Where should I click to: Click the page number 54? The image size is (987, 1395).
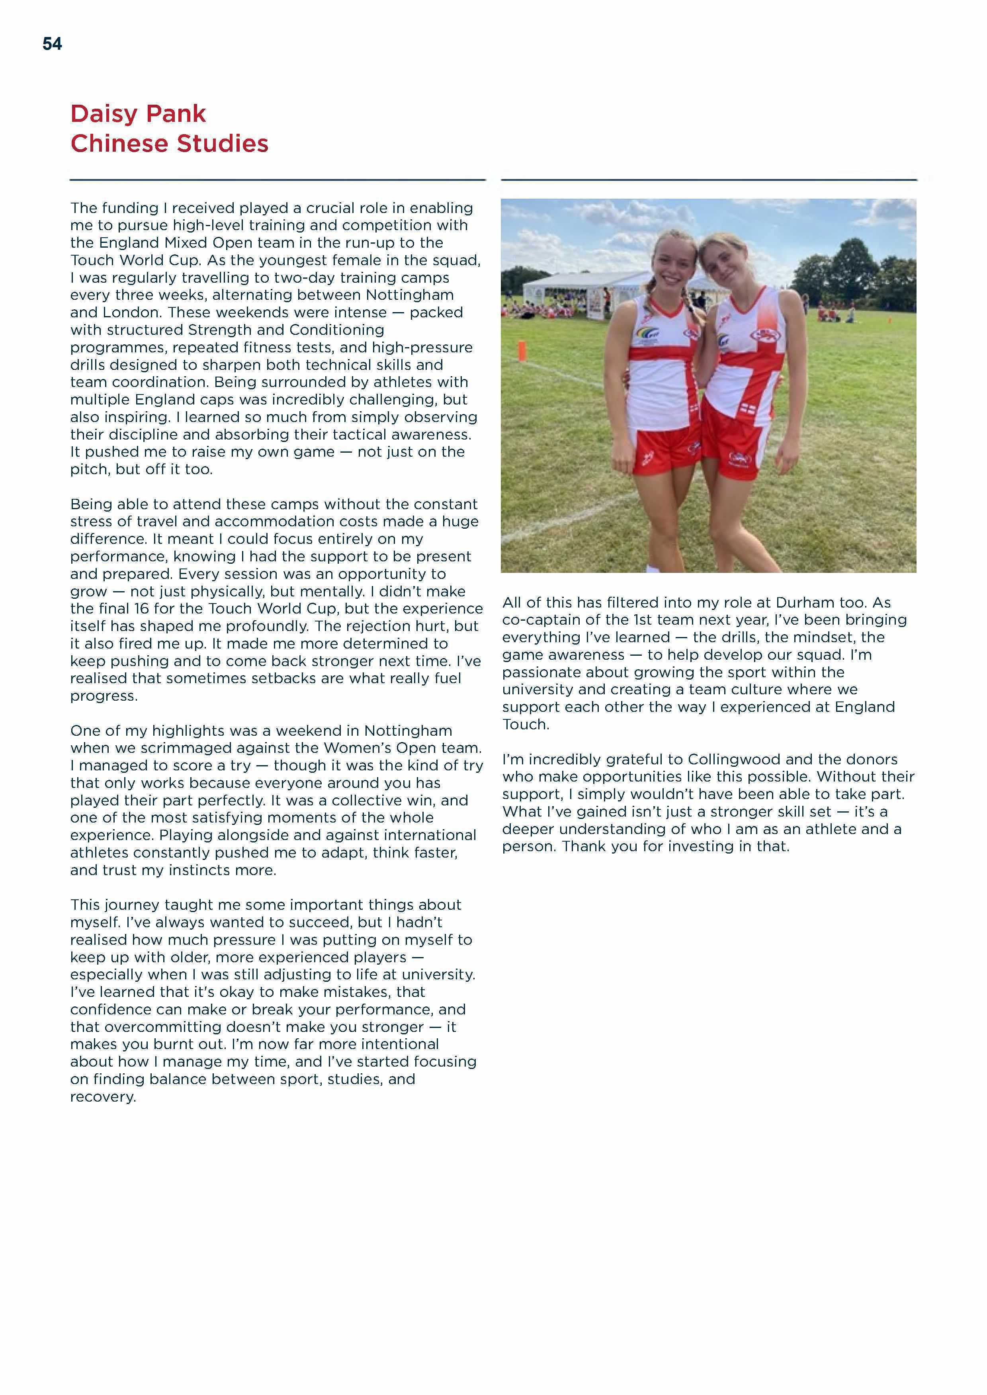(52, 44)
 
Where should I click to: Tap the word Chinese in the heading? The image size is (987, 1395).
(119, 144)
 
